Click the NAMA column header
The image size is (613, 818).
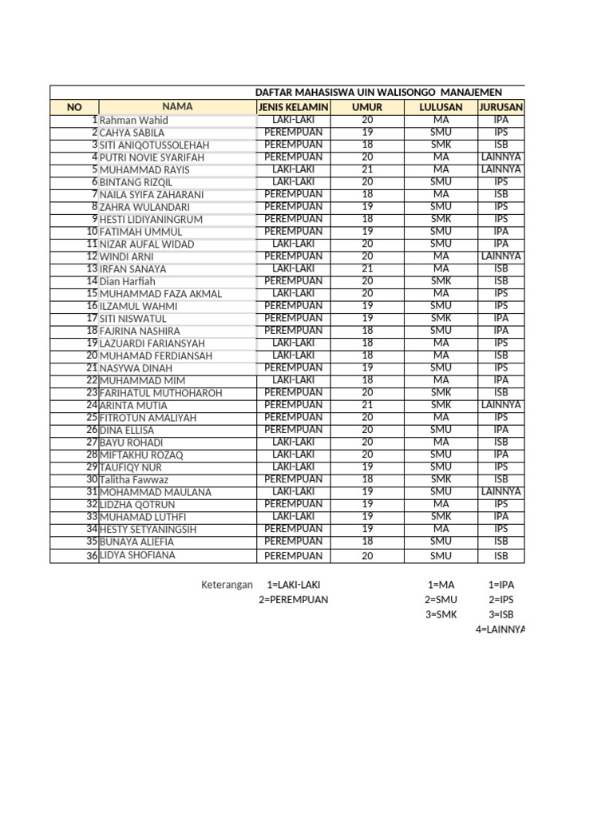pos(177,106)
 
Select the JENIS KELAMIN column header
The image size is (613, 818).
pos(292,107)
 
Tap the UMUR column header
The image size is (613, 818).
pos(367,107)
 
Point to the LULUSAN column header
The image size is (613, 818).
pos(441,107)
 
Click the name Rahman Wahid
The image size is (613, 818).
pos(133,121)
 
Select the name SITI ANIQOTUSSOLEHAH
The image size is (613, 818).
pos(154,145)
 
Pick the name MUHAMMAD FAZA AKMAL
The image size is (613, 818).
pos(160,294)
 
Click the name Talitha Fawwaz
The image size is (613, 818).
pos(134,480)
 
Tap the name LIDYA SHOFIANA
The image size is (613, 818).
pos(137,555)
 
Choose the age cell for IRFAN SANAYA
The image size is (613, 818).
pos(367,268)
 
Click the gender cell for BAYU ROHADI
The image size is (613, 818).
pos(293,442)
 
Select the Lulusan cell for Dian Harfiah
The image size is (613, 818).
pos(441,281)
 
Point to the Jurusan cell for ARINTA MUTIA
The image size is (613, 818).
pos(500,405)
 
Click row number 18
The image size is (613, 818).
pos(92,331)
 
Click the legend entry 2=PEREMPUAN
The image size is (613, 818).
pos(293,600)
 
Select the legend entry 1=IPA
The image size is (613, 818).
pos(501,585)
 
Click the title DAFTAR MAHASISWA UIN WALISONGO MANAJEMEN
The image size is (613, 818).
pos(378,93)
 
